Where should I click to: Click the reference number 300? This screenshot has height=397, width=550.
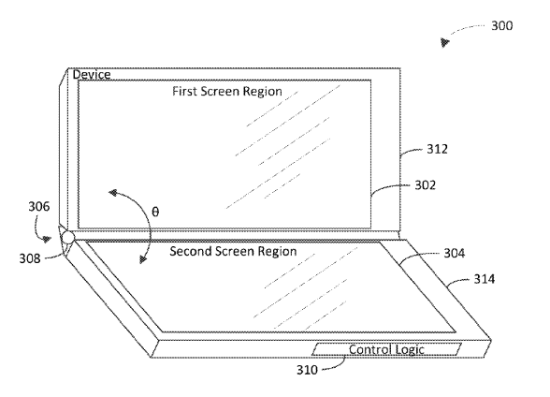pyautogui.click(x=502, y=25)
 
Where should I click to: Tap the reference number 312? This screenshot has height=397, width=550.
pyautogui.click(x=437, y=149)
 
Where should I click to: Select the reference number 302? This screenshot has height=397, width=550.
pyautogui.click(x=425, y=185)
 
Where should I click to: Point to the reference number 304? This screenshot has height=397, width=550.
pyautogui.click(x=455, y=253)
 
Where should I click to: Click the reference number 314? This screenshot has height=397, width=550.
pyautogui.click(x=485, y=279)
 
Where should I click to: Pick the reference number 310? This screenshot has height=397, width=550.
pyautogui.click(x=307, y=370)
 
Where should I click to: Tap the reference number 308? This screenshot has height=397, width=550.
pyautogui.click(x=30, y=258)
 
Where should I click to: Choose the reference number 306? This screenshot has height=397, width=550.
pyautogui.click(x=39, y=206)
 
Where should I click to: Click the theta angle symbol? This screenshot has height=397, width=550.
pyautogui.click(x=155, y=212)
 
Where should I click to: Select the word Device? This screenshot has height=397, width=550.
pyautogui.click(x=92, y=74)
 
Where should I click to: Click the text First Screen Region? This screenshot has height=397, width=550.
pyautogui.click(x=227, y=91)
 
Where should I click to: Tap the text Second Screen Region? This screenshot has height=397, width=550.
pyautogui.click(x=233, y=251)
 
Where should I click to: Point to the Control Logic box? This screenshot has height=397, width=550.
pyautogui.click(x=386, y=349)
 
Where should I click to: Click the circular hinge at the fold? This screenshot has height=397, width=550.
pyautogui.click(x=67, y=238)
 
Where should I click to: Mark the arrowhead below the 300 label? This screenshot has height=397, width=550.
pyautogui.click(x=445, y=42)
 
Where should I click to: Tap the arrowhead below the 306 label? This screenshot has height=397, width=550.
pyautogui.click(x=47, y=240)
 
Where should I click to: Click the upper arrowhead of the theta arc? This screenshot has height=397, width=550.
pyautogui.click(x=113, y=193)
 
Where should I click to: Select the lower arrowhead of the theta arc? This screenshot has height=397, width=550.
pyautogui.click(x=143, y=259)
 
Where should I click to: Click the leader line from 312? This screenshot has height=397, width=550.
pyautogui.click(x=411, y=152)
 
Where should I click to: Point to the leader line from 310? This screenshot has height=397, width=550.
pyautogui.click(x=334, y=364)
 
